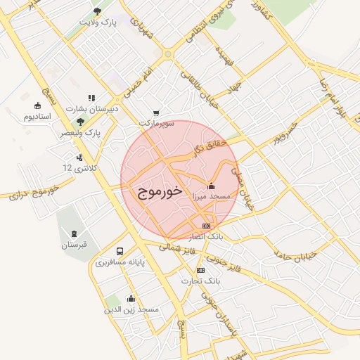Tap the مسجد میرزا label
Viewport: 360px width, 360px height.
(x=212, y=198)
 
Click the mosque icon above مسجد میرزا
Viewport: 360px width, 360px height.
(x=212, y=186)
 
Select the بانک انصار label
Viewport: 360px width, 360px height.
(x=206, y=237)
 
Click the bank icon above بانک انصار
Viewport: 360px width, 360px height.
(x=206, y=226)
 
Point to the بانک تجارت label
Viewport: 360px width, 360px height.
(x=201, y=281)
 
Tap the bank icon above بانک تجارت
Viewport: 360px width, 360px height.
(x=201, y=270)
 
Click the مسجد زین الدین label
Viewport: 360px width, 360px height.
(x=131, y=309)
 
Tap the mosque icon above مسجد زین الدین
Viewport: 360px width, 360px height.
(x=131, y=298)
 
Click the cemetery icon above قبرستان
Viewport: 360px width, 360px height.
(x=74, y=233)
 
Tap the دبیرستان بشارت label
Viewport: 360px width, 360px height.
(x=92, y=109)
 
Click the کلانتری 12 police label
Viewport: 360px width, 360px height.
(x=77, y=168)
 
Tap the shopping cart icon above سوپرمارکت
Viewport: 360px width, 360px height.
(x=156, y=112)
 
